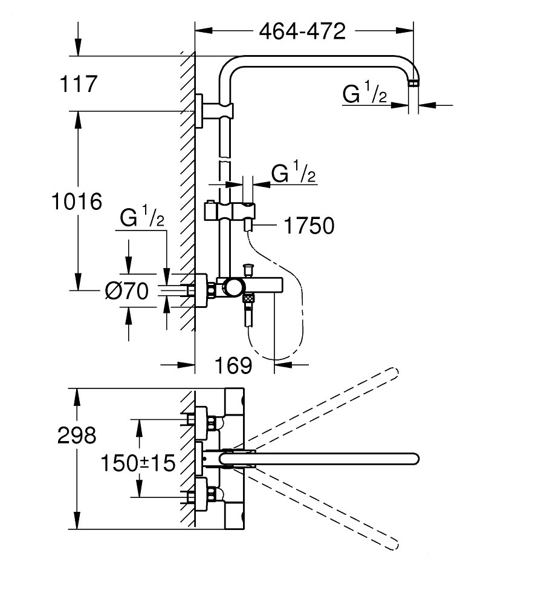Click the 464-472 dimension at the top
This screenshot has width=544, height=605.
[x=302, y=31]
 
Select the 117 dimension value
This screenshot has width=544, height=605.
[x=79, y=84]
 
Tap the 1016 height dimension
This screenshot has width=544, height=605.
[x=77, y=201]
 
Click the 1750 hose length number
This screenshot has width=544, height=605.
[x=309, y=226]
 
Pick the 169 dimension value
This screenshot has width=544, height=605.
[x=233, y=365]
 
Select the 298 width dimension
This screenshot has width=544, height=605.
[x=77, y=435]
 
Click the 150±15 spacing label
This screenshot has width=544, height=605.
[x=138, y=463]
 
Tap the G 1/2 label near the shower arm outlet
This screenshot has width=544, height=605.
[x=364, y=92]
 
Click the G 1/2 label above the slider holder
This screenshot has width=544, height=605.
[x=293, y=172]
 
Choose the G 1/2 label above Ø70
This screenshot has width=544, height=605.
[x=142, y=216]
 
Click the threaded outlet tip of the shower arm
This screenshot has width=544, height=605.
[x=413, y=83]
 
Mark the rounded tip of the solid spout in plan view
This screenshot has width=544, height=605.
[x=415, y=459]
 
